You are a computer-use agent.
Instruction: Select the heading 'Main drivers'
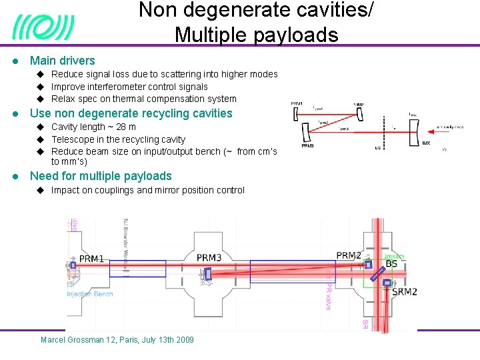pyautogui.click(x=63, y=61)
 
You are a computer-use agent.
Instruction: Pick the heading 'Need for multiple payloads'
pyautogui.click(x=101, y=176)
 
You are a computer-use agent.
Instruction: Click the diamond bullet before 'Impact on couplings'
pyautogui.click(x=40, y=190)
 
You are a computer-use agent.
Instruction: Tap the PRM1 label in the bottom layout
pyautogui.click(x=91, y=258)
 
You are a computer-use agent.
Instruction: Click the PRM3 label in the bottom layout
pyautogui.click(x=209, y=258)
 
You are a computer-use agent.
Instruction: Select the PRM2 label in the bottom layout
pyautogui.click(x=349, y=255)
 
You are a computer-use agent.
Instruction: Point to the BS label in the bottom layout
pyautogui.click(x=392, y=264)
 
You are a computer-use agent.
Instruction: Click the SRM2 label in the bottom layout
pyautogui.click(x=405, y=291)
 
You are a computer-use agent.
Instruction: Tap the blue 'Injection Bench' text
pyautogui.click(x=89, y=293)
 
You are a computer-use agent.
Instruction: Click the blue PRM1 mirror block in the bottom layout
pyautogui.click(x=73, y=265)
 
